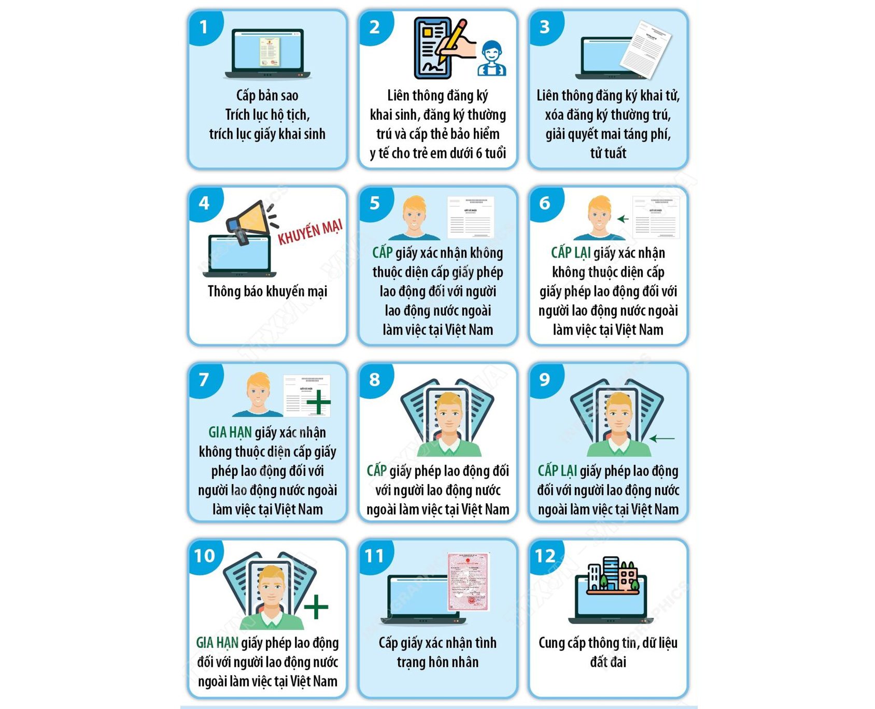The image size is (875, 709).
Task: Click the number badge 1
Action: (x=204, y=27)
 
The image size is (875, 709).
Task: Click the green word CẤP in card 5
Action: (x=383, y=253)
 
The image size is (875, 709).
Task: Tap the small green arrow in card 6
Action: (x=623, y=219)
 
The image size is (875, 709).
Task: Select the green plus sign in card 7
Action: (x=318, y=402)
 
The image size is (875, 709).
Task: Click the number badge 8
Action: (x=374, y=379)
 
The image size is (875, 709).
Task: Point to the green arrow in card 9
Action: (x=662, y=438)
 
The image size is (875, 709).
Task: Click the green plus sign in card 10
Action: (x=316, y=606)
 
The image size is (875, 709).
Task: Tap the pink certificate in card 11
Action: (x=469, y=581)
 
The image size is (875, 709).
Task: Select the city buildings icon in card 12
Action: (x=613, y=575)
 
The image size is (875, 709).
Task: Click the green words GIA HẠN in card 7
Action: (x=230, y=433)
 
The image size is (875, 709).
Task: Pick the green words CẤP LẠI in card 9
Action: (x=557, y=471)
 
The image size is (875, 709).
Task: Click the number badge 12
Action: (x=545, y=556)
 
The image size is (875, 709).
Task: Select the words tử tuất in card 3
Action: (x=608, y=153)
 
